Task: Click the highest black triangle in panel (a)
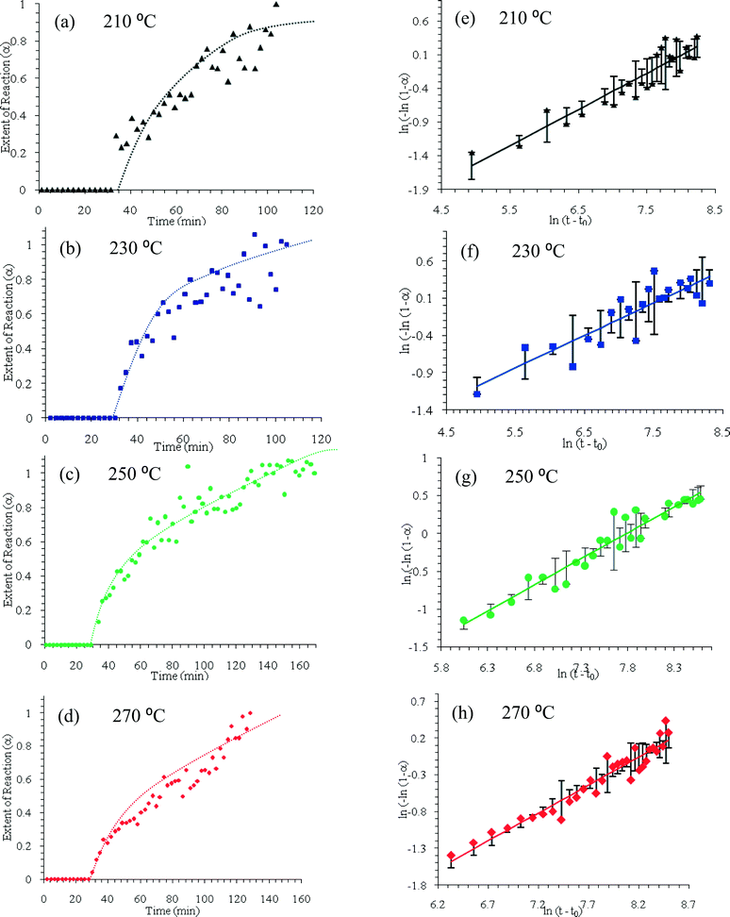click(275, 5)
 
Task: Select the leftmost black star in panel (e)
click(472, 154)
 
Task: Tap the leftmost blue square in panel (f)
click(477, 393)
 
